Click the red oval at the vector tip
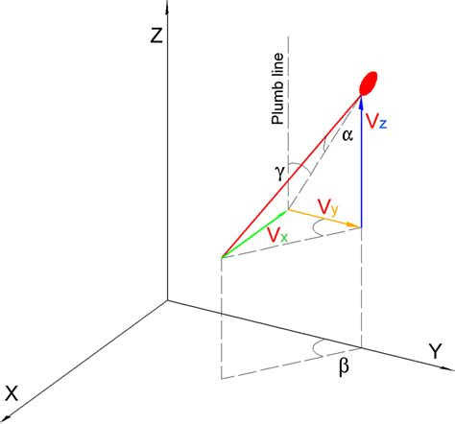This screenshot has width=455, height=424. coord(366,82)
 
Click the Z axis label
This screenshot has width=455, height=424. coord(154,37)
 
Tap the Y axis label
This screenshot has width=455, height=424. coord(436,352)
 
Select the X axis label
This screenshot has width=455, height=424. coord(12,392)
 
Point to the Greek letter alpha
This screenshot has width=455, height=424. coord(347,135)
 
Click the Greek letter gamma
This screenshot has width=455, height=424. coord(278,172)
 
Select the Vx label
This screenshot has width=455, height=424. coord(276,234)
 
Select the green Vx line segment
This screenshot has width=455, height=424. coord(254,233)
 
